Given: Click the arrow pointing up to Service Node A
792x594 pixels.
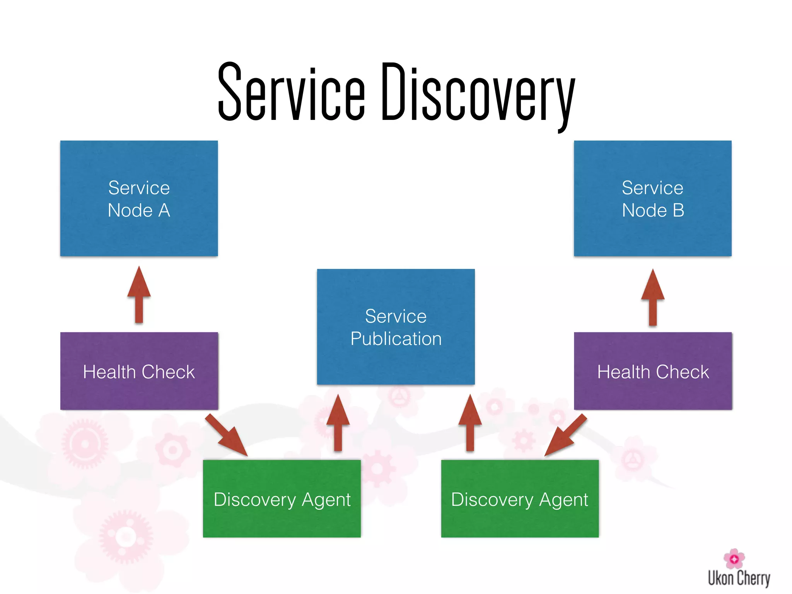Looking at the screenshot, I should [x=139, y=296].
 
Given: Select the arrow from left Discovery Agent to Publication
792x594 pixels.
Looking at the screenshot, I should [x=338, y=423].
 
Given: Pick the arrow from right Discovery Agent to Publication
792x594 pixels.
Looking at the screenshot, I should [x=470, y=423].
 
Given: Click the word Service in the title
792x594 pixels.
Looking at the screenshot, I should [x=291, y=93].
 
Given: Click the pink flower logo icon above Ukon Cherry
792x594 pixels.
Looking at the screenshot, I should [x=734, y=558].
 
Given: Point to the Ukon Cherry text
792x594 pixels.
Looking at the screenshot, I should [x=739, y=579].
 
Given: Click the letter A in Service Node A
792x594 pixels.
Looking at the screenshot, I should [x=164, y=210].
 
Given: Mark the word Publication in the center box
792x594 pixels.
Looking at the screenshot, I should [x=396, y=339].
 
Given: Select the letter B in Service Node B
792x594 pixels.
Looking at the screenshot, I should [x=678, y=210].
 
